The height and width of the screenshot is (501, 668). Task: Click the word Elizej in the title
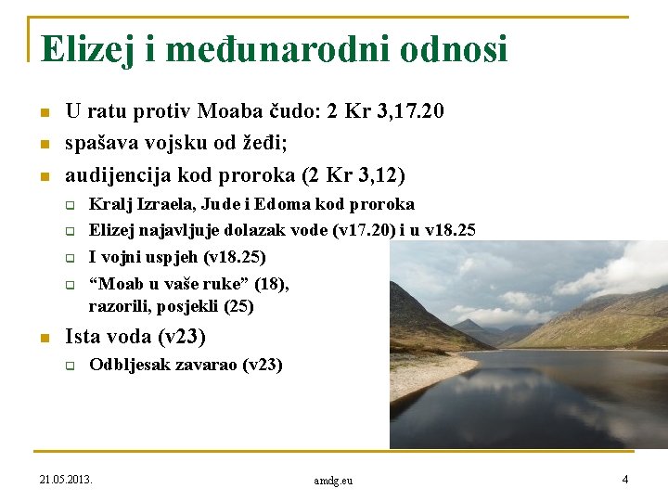click(x=87, y=49)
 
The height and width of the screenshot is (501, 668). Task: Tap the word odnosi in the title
click(x=454, y=49)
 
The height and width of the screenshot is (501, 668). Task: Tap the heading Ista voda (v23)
click(x=135, y=336)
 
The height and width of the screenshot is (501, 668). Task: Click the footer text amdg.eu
click(x=333, y=481)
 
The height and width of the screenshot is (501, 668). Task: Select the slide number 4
click(x=624, y=480)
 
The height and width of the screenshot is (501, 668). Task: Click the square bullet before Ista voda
click(x=43, y=338)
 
